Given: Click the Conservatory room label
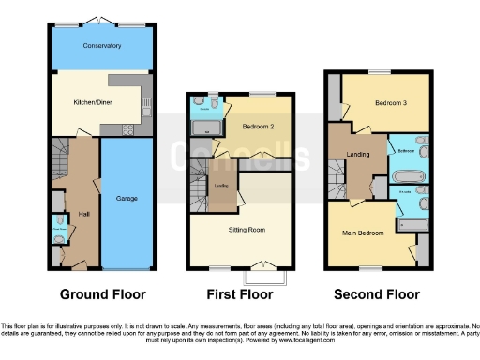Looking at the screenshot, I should pyautogui.click(x=101, y=45).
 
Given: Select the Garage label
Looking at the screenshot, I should pyautogui.click(x=127, y=199).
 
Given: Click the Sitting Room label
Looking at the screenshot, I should pyautogui.click(x=247, y=229).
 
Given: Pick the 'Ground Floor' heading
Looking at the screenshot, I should pyautogui.click(x=103, y=293).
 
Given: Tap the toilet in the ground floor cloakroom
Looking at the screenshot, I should pyautogui.click(x=59, y=239).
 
